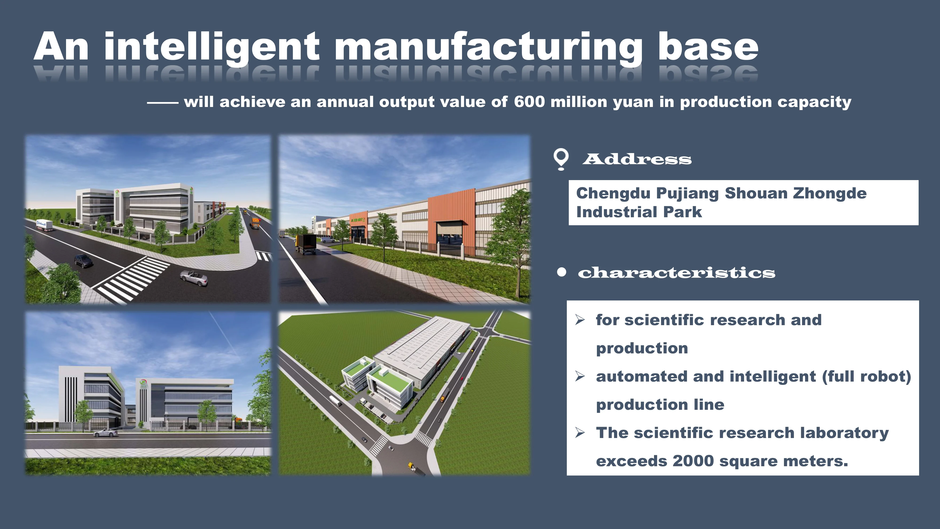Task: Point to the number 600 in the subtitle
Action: click(x=529, y=102)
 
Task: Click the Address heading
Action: click(x=637, y=159)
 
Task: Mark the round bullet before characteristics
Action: click(x=562, y=272)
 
